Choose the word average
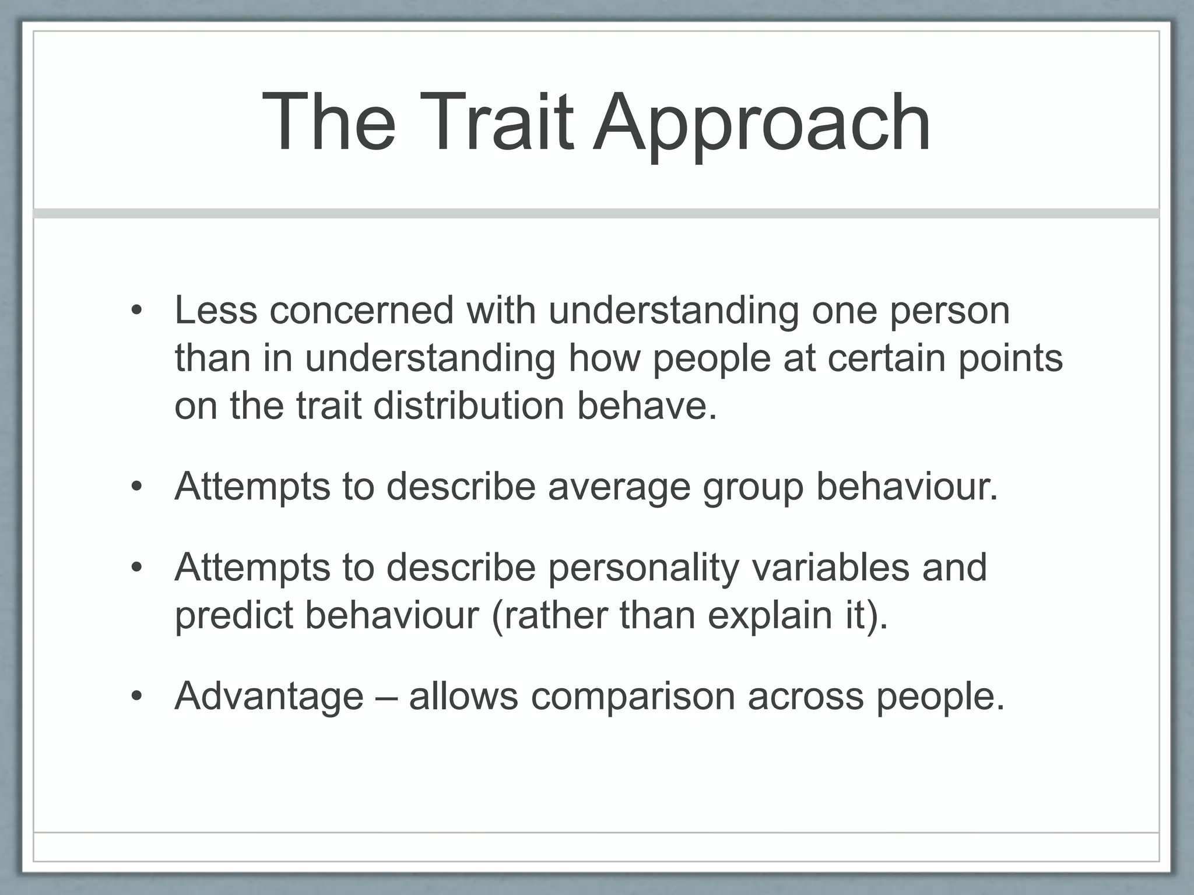click(x=619, y=487)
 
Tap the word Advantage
click(x=269, y=696)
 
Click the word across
click(x=805, y=696)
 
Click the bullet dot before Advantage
click(x=136, y=696)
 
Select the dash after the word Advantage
click(x=386, y=697)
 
